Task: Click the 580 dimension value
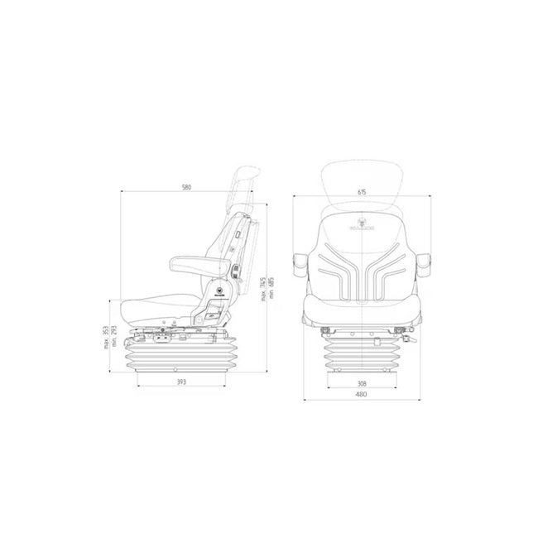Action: [x=186, y=188]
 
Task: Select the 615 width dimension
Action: [x=363, y=192]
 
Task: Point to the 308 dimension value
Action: [x=362, y=383]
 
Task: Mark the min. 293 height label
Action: [x=113, y=338]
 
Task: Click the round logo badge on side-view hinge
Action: [x=220, y=291]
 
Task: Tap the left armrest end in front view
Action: [x=299, y=263]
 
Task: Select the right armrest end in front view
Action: [x=425, y=263]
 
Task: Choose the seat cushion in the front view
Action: [x=362, y=310]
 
